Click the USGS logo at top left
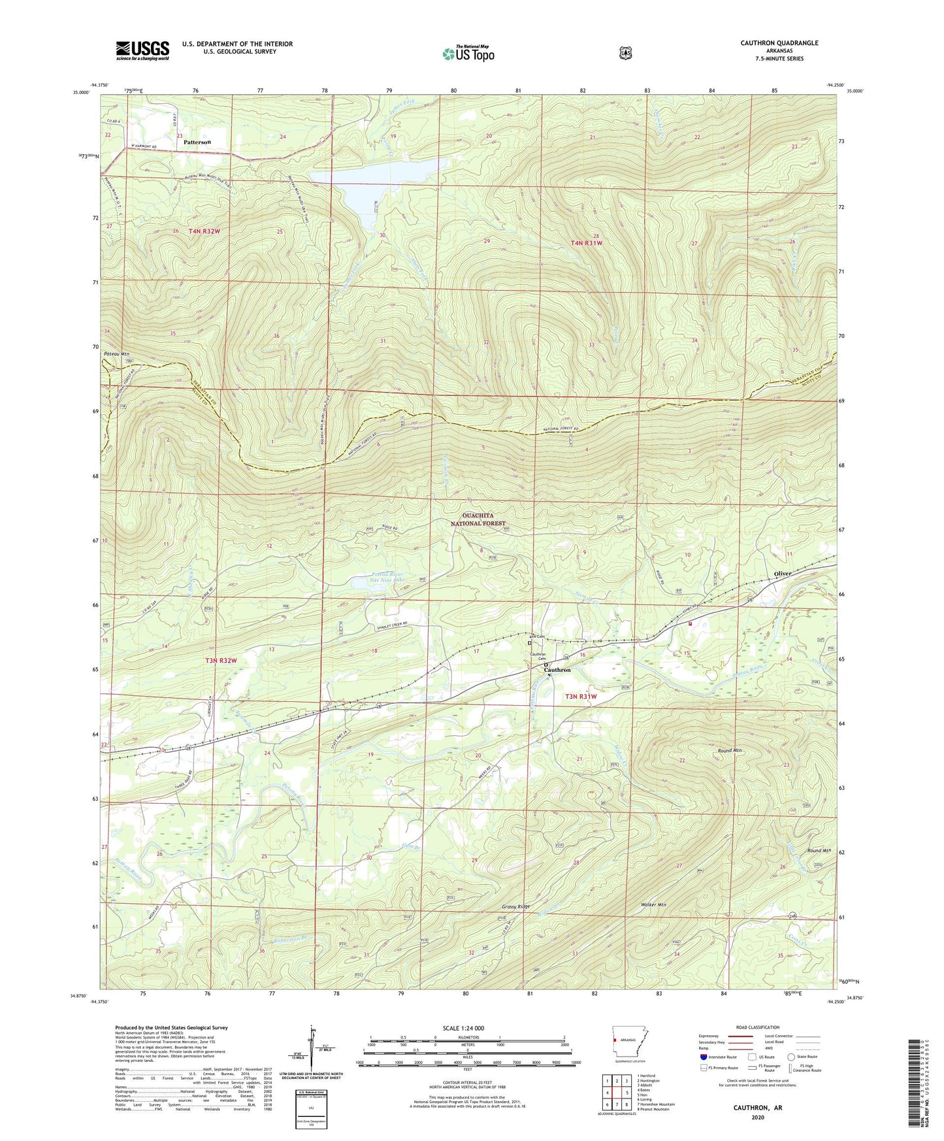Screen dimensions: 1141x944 (142, 49)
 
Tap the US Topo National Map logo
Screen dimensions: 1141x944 (466, 53)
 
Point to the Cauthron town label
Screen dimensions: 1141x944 (557, 670)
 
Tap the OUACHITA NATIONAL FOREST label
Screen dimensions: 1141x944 (479, 519)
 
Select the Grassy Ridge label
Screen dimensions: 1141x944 (516, 907)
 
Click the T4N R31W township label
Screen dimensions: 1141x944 (585, 243)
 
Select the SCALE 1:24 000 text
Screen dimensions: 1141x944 (463, 1028)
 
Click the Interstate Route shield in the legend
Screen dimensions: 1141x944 (703, 1056)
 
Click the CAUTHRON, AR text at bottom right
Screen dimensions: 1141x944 (758, 1108)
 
